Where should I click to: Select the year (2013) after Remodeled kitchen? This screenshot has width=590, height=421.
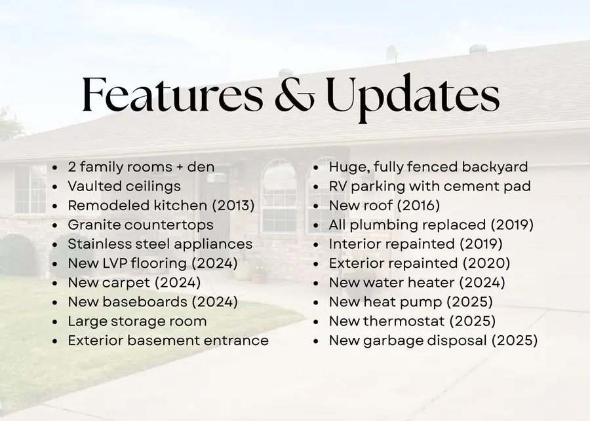233,206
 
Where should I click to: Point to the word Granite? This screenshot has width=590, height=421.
92,225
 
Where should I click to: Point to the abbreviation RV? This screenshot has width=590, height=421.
339,187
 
